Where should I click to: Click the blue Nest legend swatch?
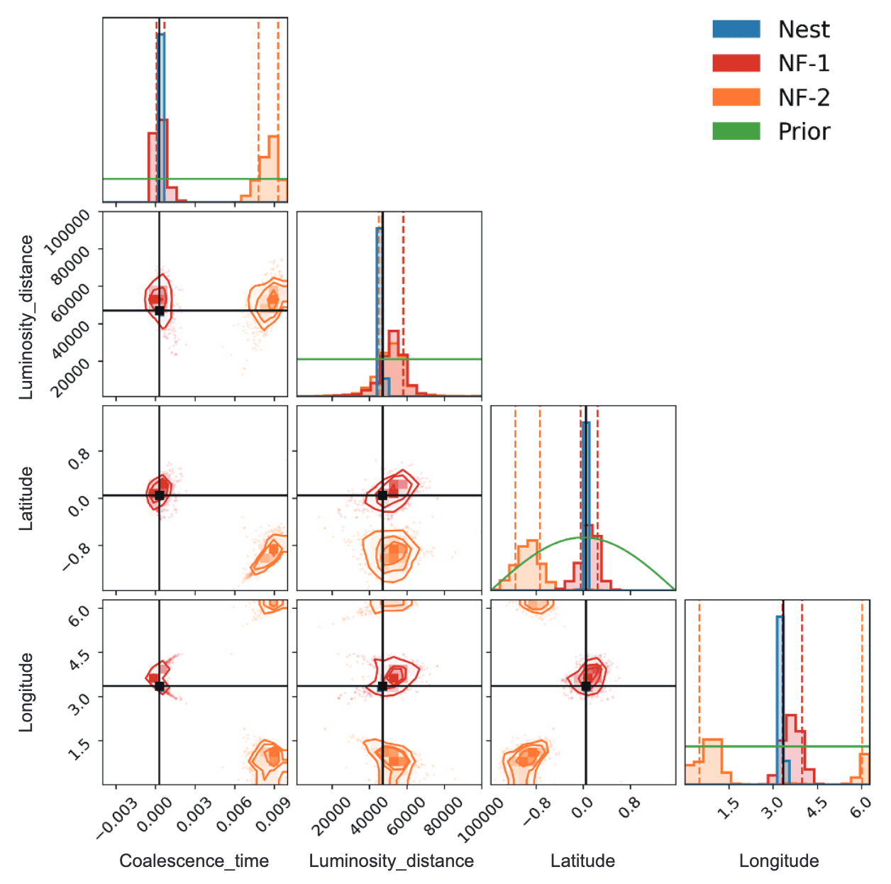(x=736, y=29)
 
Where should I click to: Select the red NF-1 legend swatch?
(x=736, y=63)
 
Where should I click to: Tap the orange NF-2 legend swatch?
(x=736, y=97)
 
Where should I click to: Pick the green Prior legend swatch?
(x=736, y=131)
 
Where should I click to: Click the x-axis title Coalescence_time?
(x=194, y=861)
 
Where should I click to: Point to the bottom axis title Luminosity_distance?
(x=391, y=861)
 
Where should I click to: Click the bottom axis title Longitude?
(x=778, y=861)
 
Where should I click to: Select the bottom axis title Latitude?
(x=582, y=861)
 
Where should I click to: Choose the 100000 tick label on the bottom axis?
(x=482, y=820)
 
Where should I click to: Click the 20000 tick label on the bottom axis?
(x=331, y=816)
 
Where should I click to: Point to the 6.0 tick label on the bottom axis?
(x=860, y=807)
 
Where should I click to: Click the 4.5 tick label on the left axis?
(x=80, y=656)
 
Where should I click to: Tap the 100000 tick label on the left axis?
(x=67, y=232)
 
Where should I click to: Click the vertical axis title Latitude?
(x=26, y=498)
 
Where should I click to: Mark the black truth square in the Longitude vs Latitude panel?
(x=586, y=686)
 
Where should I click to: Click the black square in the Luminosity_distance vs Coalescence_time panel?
(x=159, y=310)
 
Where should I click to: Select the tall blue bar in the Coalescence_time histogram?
(x=161, y=114)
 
